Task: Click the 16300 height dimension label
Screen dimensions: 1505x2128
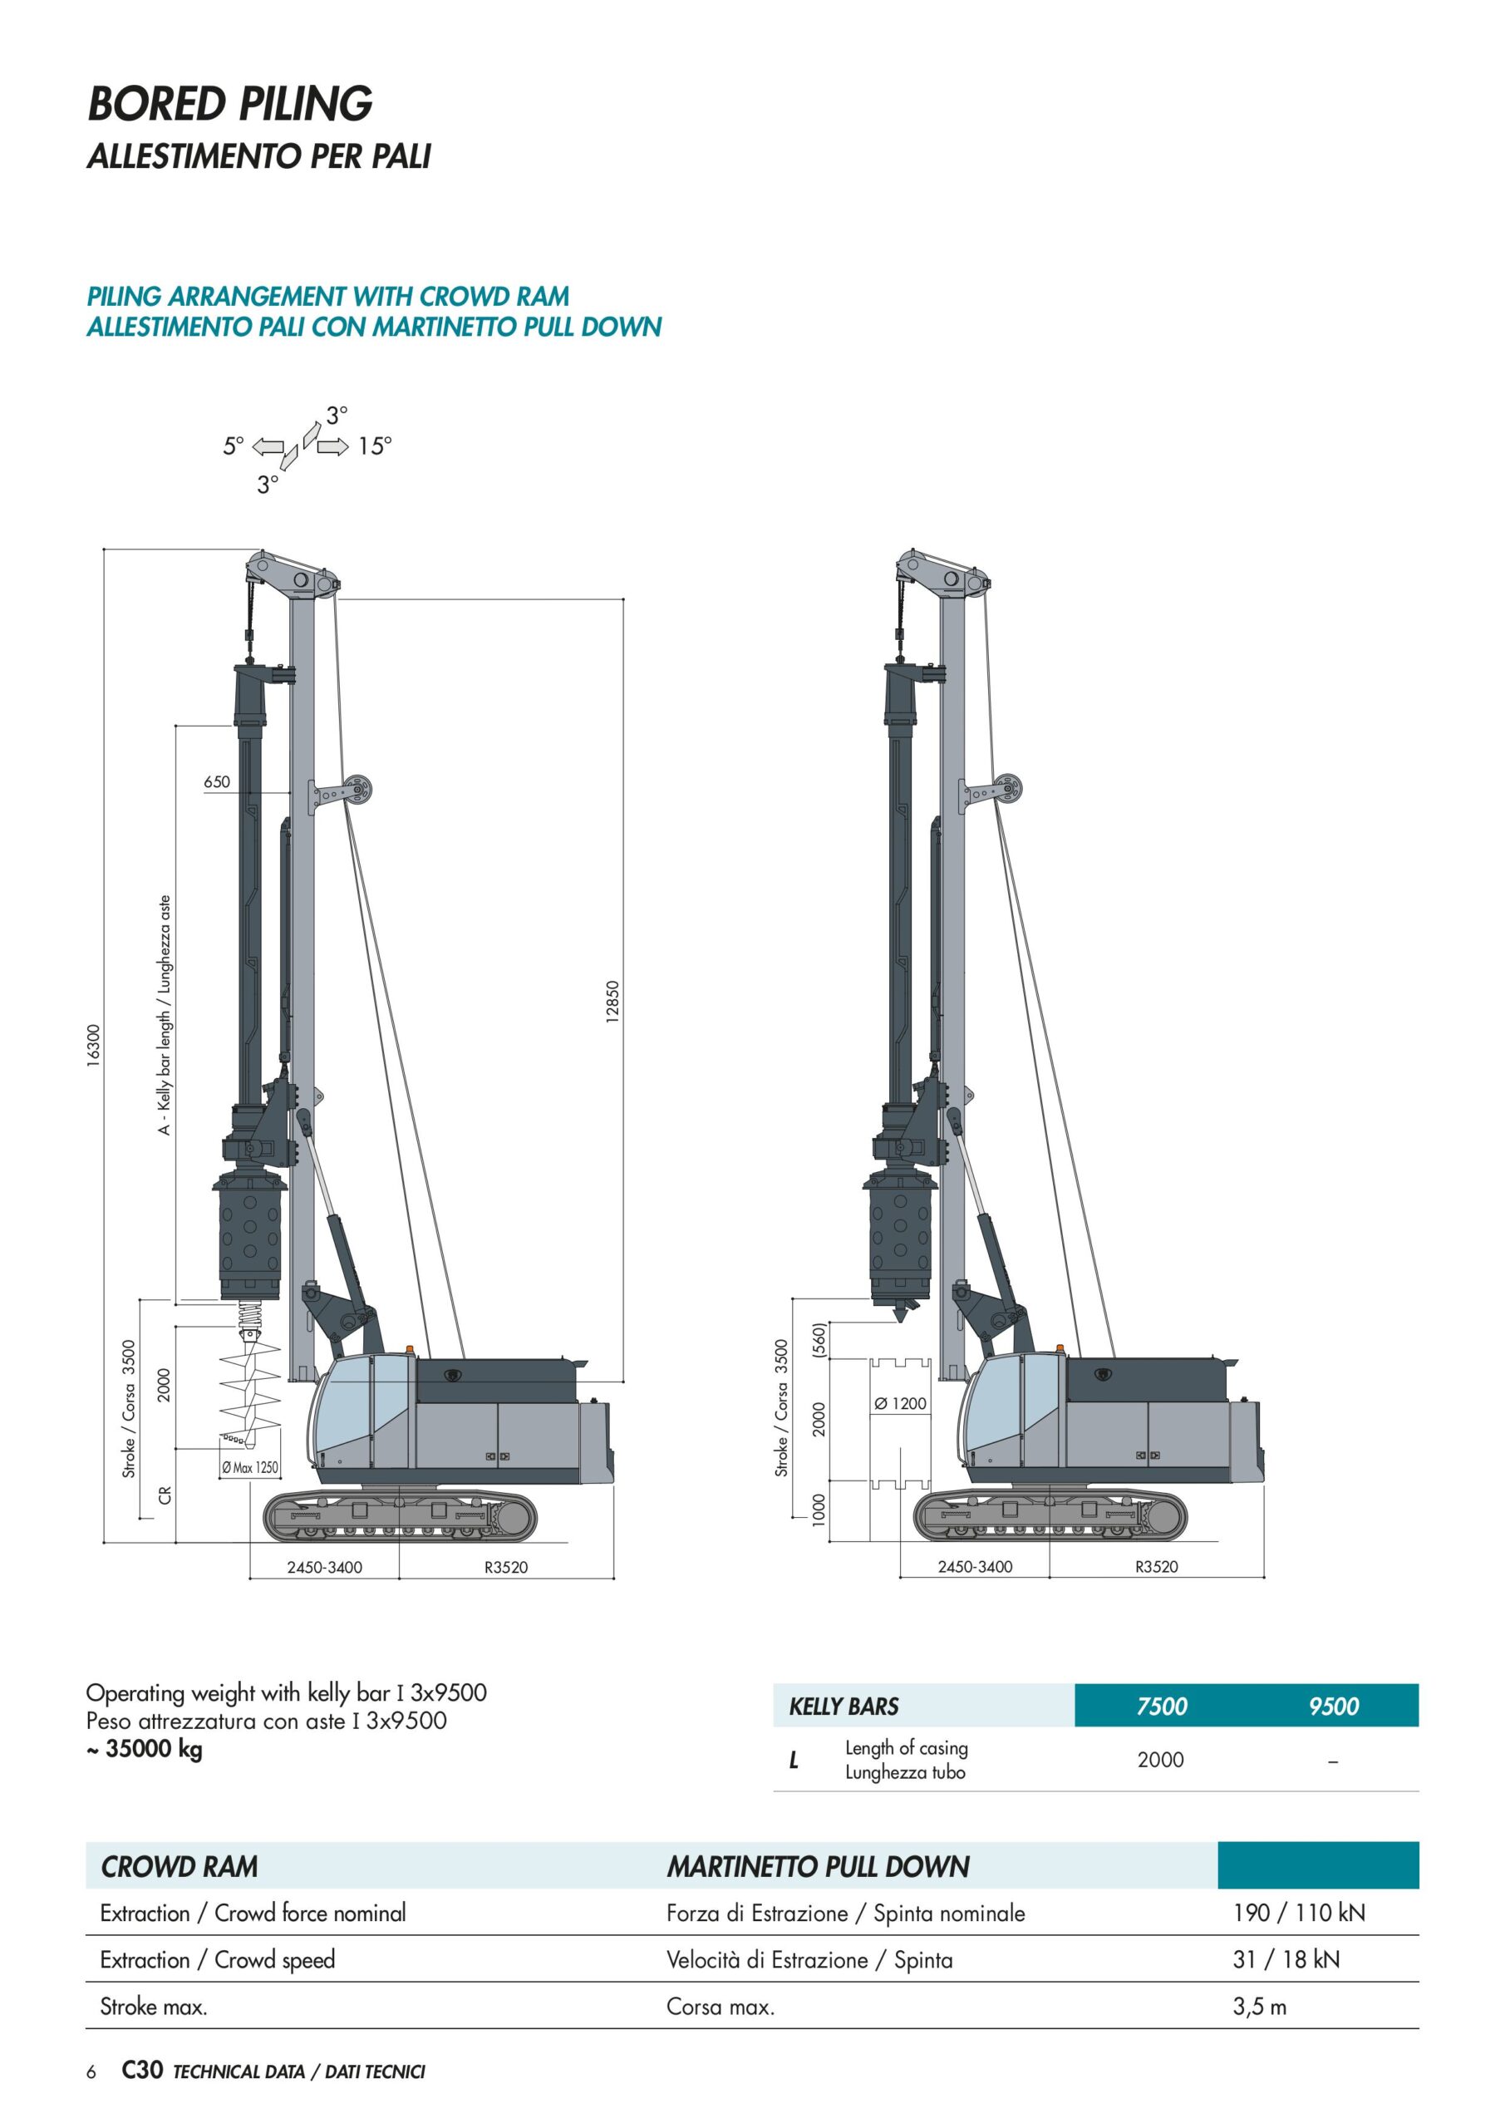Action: pyautogui.click(x=93, y=1046)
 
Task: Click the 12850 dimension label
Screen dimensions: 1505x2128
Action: pyautogui.click(x=612, y=1002)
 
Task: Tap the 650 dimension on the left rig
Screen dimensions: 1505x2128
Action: pyautogui.click(x=217, y=781)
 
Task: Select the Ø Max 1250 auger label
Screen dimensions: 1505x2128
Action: pyautogui.click(x=249, y=1467)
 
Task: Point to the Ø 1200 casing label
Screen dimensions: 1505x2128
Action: pyautogui.click(x=900, y=1403)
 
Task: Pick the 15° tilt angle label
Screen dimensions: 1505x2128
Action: pyautogui.click(x=376, y=446)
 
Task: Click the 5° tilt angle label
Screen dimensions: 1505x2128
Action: pyautogui.click(x=234, y=446)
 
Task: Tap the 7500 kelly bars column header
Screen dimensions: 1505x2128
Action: pyautogui.click(x=1161, y=1707)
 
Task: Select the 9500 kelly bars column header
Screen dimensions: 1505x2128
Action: pyautogui.click(x=1334, y=1707)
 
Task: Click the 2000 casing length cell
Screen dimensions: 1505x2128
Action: pyautogui.click(x=1160, y=1759)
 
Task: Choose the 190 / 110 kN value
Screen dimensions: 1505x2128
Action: pyautogui.click(x=1299, y=1912)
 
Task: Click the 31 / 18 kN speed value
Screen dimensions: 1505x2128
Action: pyautogui.click(x=1286, y=1959)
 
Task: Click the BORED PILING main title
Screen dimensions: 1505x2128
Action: pyautogui.click(x=230, y=103)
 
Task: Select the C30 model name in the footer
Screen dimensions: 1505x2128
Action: pyautogui.click(x=143, y=2070)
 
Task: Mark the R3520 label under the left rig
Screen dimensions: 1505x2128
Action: pyautogui.click(x=506, y=1567)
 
